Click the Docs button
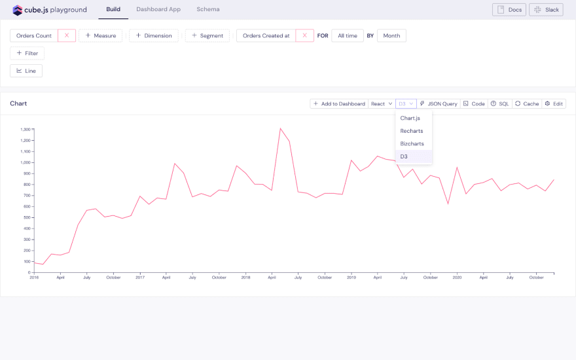[x=509, y=10]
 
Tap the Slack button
[x=547, y=10]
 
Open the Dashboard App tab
[x=158, y=10]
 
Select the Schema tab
[x=208, y=10]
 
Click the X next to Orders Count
[x=67, y=35]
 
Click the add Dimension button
[x=154, y=35]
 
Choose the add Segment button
[x=207, y=35]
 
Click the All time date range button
[x=348, y=35]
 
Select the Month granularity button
[x=391, y=35]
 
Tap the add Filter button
[x=27, y=53]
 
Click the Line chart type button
[x=26, y=71]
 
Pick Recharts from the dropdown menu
[x=412, y=131]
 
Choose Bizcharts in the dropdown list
[x=412, y=143]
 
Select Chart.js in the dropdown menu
[x=410, y=118]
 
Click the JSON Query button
[x=439, y=103]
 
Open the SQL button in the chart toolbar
[x=499, y=103]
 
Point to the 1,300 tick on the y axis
[x=26, y=130]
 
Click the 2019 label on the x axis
[x=351, y=278]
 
